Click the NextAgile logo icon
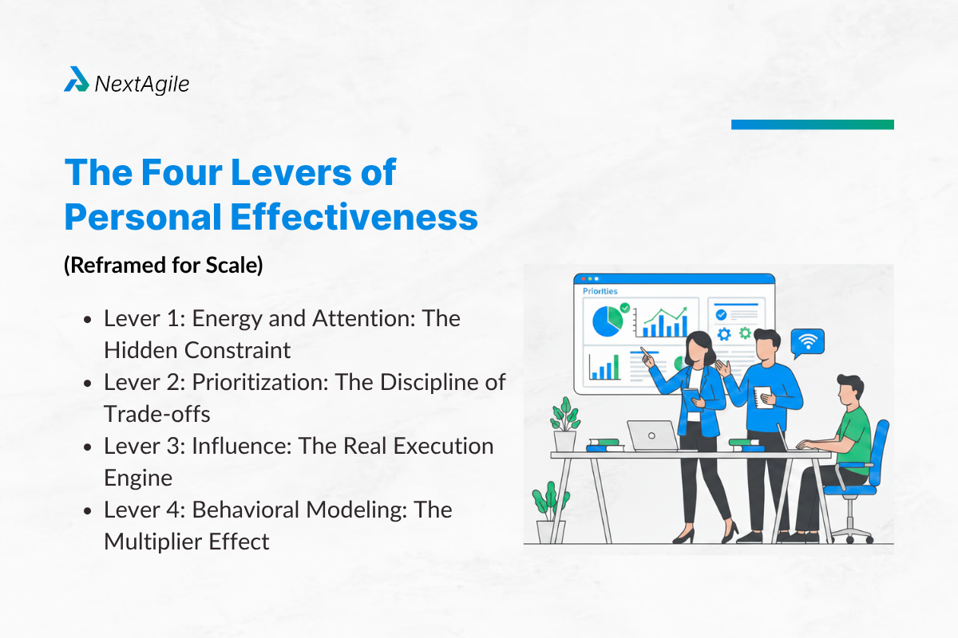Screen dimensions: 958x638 click(77, 79)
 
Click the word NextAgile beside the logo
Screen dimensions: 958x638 click(142, 85)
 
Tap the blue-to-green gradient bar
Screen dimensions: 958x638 click(813, 124)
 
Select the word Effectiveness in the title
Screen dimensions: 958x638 click(354, 217)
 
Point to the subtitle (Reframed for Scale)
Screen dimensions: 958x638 click(164, 266)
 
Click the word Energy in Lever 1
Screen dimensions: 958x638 click(227, 320)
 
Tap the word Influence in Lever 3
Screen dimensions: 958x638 click(242, 446)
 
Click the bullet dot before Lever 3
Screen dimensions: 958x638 click(88, 447)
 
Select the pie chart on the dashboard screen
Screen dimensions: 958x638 click(608, 321)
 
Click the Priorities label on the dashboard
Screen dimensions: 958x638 click(600, 291)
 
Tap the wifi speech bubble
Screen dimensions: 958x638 click(807, 343)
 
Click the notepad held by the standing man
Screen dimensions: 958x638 click(763, 397)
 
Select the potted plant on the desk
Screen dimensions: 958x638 click(565, 424)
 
